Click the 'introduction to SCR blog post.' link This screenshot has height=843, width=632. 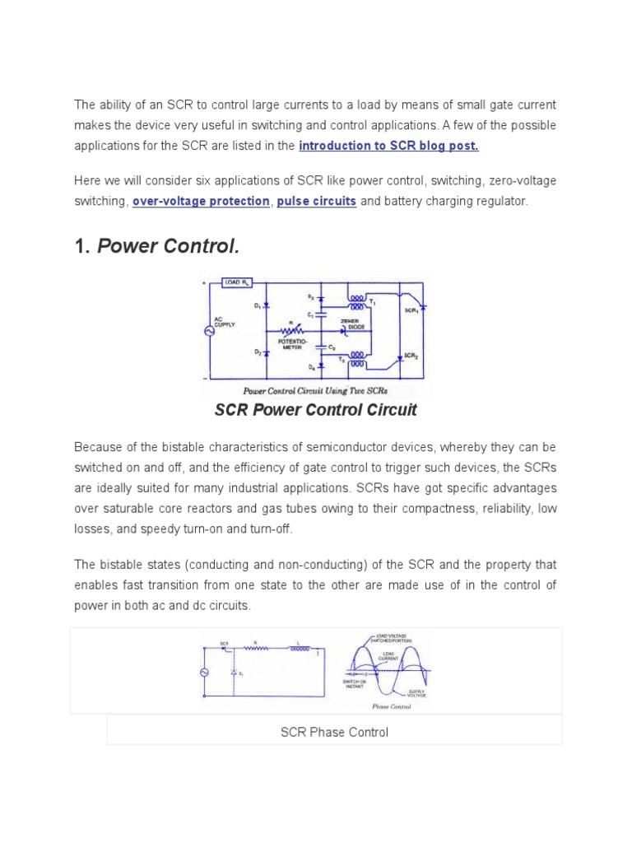(388, 146)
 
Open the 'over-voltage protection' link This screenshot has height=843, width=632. (201, 201)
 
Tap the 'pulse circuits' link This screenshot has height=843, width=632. (317, 201)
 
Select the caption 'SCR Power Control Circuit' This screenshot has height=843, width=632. (316, 410)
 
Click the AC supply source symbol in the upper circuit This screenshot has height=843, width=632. (209, 330)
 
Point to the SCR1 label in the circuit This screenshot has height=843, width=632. (409, 311)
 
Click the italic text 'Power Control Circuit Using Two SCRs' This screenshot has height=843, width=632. (316, 391)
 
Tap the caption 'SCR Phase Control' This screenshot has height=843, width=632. (334, 732)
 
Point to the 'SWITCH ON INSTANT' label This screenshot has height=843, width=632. (355, 687)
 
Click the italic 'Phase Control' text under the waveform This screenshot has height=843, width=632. (391, 706)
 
